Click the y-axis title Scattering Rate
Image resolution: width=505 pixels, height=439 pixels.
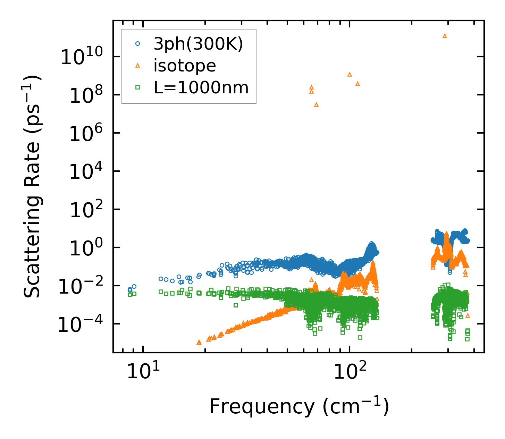[x=32, y=186]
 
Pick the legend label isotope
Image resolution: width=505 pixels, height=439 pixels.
[x=185, y=66]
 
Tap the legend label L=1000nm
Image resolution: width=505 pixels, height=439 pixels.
[x=201, y=87]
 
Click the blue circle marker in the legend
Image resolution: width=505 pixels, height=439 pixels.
[x=138, y=44]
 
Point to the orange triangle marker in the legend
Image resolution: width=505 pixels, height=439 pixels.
[x=138, y=65]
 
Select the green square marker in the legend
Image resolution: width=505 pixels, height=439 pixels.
[x=138, y=87]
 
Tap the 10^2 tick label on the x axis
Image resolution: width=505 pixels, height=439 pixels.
[x=350, y=372]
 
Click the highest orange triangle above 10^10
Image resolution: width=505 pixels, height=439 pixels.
[x=445, y=36]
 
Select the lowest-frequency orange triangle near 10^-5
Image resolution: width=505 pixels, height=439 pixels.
[x=199, y=342]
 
